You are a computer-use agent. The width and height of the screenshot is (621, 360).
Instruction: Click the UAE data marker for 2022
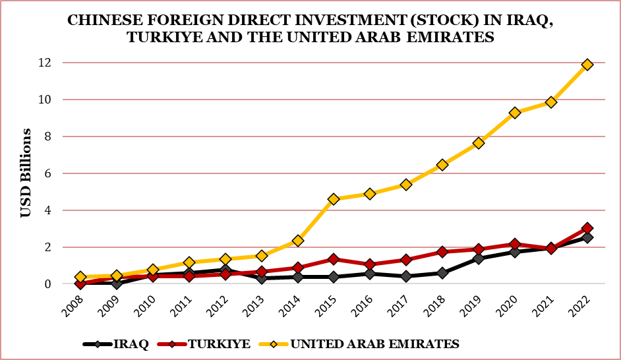[x=587, y=65]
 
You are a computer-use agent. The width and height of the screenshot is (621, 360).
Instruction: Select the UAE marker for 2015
[x=334, y=199]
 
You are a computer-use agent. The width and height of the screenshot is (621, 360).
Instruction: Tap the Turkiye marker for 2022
[x=587, y=228]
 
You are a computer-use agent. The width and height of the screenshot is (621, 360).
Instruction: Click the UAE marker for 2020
[x=515, y=113]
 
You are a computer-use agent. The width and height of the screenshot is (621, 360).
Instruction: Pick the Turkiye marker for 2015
[x=334, y=259]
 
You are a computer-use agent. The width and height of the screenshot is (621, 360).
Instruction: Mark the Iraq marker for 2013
[x=261, y=278]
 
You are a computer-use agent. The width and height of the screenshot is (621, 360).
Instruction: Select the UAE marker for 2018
[x=442, y=165]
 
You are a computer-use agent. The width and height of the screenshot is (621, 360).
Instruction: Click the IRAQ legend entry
[x=131, y=344]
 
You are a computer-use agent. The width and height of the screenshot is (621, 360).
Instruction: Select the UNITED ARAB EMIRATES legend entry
[x=374, y=344]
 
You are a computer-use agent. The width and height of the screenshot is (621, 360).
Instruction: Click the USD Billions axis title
[x=26, y=173]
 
